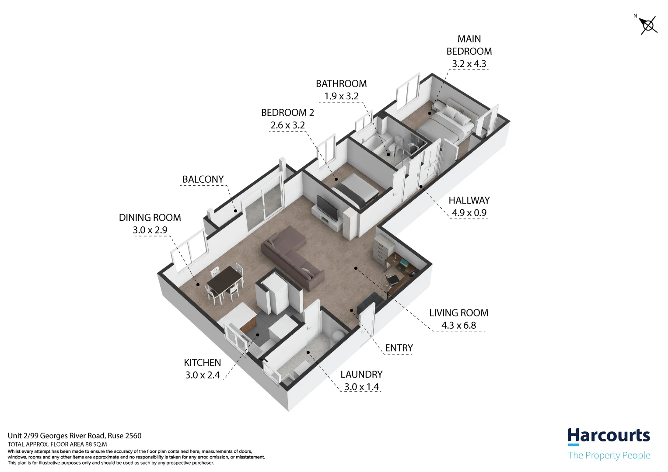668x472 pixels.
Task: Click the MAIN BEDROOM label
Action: [x=469, y=45]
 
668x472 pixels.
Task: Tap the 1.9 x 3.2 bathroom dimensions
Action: [x=341, y=96]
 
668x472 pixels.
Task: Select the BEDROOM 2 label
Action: [x=287, y=113]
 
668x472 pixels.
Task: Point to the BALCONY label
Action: [x=203, y=179]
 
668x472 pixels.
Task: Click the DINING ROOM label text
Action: [x=150, y=218]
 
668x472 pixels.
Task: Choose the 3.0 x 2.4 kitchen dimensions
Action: [x=203, y=375]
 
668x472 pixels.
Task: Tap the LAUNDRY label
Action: [x=361, y=375]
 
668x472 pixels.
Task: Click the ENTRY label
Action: [x=399, y=348]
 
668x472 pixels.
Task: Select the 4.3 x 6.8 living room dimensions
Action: [x=458, y=326]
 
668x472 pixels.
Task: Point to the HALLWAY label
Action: [x=469, y=201]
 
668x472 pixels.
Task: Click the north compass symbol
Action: [x=648, y=25]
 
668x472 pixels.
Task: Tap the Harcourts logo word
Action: [x=609, y=436]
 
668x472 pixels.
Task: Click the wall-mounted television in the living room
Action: [x=327, y=208]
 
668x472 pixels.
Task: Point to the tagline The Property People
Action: [x=609, y=455]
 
